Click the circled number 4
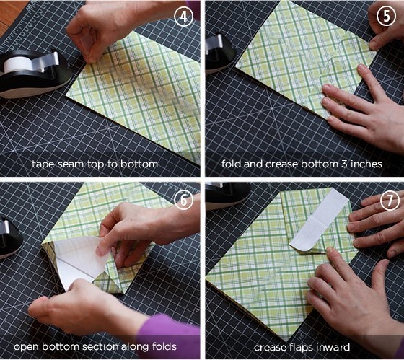(x=183, y=17)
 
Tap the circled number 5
(x=387, y=17)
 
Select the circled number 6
(x=183, y=201)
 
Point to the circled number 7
(x=390, y=201)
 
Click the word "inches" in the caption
(x=366, y=164)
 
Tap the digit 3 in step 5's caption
(x=344, y=164)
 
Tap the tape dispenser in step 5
(x=219, y=51)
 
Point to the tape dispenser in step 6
(x=10, y=237)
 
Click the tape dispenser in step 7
(x=227, y=195)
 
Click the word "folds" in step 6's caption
(x=164, y=346)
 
